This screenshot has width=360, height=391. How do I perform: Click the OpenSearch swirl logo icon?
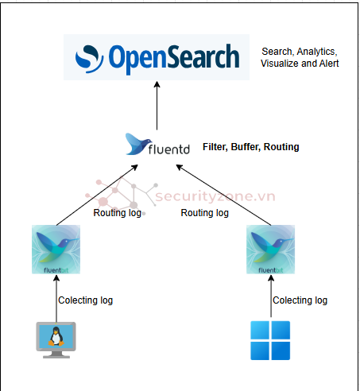pyautogui.click(x=89, y=59)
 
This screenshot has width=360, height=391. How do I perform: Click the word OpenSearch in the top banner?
pyautogui.click(x=174, y=59)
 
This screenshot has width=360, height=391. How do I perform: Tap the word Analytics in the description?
pyautogui.click(x=317, y=52)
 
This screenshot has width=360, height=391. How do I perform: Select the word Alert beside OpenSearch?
pyautogui.click(x=329, y=64)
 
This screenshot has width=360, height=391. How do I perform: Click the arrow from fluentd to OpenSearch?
pyautogui.click(x=157, y=106)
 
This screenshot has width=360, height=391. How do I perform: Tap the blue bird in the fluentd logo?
pyautogui.click(x=138, y=144)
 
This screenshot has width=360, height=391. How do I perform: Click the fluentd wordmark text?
pyautogui.click(x=169, y=149)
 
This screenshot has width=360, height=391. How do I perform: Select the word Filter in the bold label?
pyautogui.click(x=215, y=147)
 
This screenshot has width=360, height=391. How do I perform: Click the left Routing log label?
pyautogui.click(x=117, y=213)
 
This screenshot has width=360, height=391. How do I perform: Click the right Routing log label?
pyautogui.click(x=204, y=213)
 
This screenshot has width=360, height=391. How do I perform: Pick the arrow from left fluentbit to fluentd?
pyautogui.click(x=97, y=195)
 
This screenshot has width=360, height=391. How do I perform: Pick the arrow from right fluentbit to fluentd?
pyautogui.click(x=223, y=195)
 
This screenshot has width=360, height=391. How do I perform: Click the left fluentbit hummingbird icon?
pyautogui.click(x=56, y=250)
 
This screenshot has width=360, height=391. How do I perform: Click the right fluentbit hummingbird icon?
pyautogui.click(x=270, y=250)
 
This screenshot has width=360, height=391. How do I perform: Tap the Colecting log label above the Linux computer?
pyautogui.click(x=85, y=300)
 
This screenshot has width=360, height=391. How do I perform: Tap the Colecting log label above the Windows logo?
pyautogui.click(x=300, y=300)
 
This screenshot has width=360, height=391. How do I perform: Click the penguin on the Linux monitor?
pyautogui.click(x=56, y=336)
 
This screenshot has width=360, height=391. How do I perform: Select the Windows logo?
pyautogui.click(x=270, y=340)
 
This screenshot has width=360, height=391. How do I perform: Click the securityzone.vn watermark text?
pyautogui.click(x=215, y=196)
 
